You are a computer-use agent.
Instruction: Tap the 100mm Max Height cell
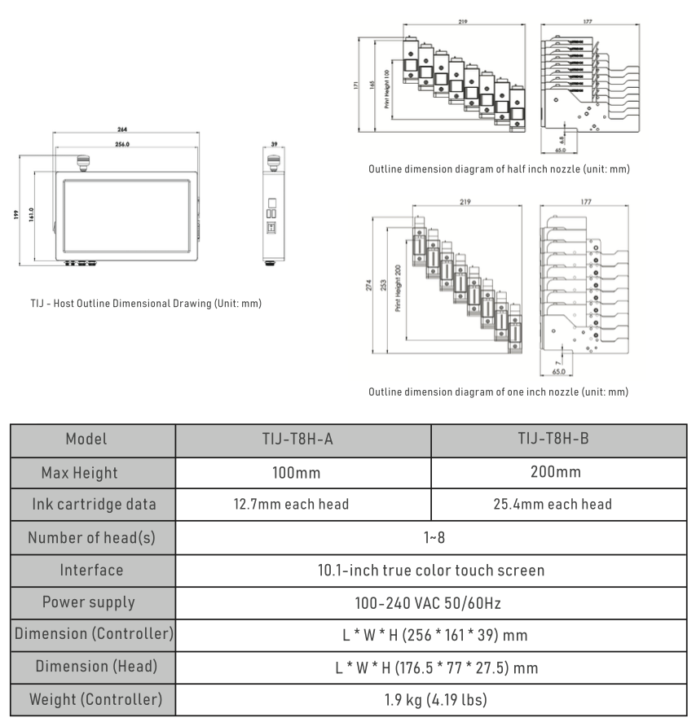pos(303,472)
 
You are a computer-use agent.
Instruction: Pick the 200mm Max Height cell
pos(558,472)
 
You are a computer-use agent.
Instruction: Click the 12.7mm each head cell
pos(303,505)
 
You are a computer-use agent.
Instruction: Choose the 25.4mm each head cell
pos(558,505)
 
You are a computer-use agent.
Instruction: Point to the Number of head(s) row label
pos(92,537)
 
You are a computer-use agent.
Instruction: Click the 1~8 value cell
pos(430,537)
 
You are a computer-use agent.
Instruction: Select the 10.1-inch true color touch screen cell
pos(430,570)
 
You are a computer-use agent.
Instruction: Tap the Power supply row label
pos(92,602)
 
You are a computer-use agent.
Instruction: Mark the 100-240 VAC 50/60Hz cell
pos(430,602)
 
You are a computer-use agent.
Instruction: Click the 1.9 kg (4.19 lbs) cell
pos(430,698)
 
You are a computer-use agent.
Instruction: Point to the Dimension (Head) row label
pos(92,667)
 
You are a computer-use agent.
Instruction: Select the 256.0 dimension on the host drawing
pos(123,144)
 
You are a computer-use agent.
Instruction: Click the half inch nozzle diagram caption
pos(498,169)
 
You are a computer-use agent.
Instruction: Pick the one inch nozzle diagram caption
pos(498,392)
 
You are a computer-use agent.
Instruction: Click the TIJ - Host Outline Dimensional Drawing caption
pos(143,304)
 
